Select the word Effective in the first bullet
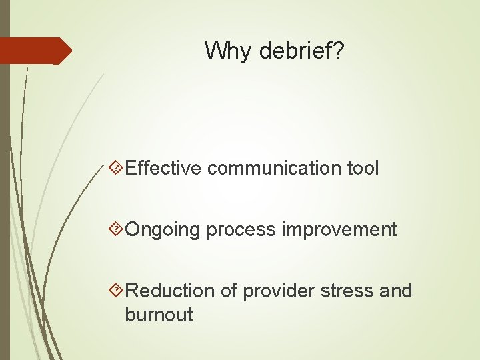pyautogui.click(x=163, y=168)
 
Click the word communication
pyautogui.click(x=275, y=168)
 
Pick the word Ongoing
pyautogui.click(x=163, y=230)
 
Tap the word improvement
pyautogui.click(x=339, y=229)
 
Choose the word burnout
pyautogui.click(x=159, y=314)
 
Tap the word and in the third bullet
pyautogui.click(x=397, y=291)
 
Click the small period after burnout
pyautogui.click(x=195, y=319)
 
